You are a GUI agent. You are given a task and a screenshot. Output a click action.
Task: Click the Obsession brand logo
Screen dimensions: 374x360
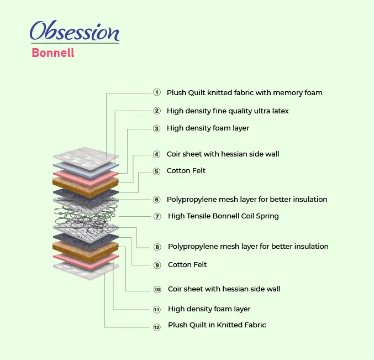(x=75, y=31)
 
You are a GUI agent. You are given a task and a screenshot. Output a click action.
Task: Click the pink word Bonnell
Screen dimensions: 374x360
(x=53, y=53)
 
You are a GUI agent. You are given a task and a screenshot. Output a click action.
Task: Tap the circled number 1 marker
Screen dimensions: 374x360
(x=157, y=92)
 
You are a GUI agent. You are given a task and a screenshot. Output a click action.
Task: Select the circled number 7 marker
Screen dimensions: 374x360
(x=157, y=217)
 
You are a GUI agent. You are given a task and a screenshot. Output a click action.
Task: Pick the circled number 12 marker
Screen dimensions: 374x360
(x=157, y=327)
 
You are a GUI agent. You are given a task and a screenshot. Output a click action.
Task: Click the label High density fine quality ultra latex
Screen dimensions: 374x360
(x=228, y=111)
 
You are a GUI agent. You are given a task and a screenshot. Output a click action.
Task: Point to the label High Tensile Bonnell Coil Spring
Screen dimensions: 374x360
(x=223, y=216)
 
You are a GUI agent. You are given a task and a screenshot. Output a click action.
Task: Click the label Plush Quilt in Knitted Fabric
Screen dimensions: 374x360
(x=217, y=325)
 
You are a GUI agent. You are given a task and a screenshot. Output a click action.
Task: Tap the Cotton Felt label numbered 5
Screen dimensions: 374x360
(x=186, y=171)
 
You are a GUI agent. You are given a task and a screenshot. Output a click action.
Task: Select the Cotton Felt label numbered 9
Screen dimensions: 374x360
(x=187, y=265)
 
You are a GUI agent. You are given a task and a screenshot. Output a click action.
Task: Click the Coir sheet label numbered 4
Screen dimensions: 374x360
(x=223, y=154)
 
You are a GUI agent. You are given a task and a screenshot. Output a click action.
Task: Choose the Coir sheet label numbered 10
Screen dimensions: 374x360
(x=224, y=289)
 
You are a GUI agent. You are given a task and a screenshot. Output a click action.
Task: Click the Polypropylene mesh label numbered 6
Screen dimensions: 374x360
(x=247, y=200)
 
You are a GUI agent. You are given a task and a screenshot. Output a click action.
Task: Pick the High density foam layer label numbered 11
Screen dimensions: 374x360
(x=209, y=309)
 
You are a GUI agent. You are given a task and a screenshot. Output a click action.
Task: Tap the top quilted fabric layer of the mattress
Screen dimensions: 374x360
(x=86, y=158)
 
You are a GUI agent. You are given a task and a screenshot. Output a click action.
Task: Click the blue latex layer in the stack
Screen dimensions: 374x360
(x=86, y=170)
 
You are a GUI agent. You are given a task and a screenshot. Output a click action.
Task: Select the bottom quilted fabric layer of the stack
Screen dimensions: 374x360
(x=86, y=270)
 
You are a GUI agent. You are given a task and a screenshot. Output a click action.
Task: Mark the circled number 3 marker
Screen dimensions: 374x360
(x=156, y=129)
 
